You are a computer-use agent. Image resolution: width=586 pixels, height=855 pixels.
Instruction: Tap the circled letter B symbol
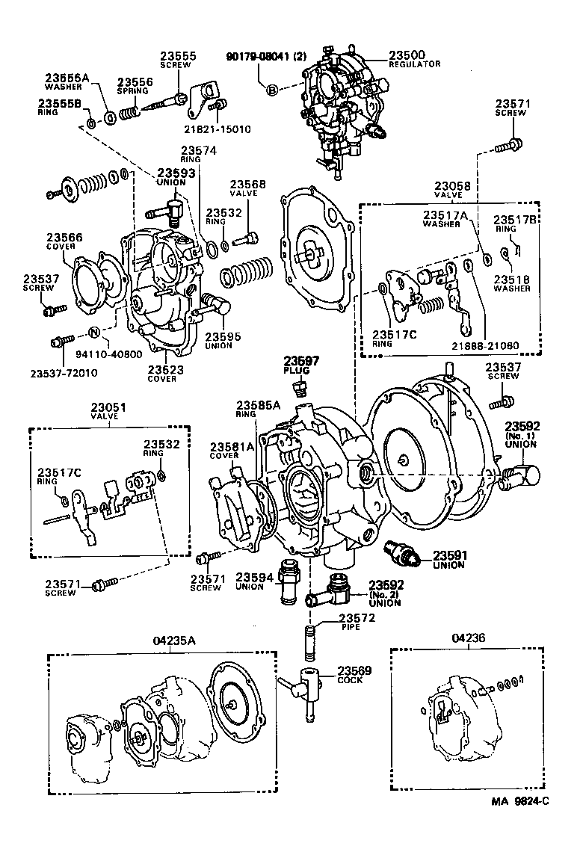tap(271, 90)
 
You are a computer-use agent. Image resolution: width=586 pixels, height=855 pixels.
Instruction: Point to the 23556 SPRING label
tap(135, 86)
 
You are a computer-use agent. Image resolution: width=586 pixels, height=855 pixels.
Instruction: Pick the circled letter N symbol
tap(95, 333)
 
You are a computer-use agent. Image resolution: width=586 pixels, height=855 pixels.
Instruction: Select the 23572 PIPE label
tap(357, 622)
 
